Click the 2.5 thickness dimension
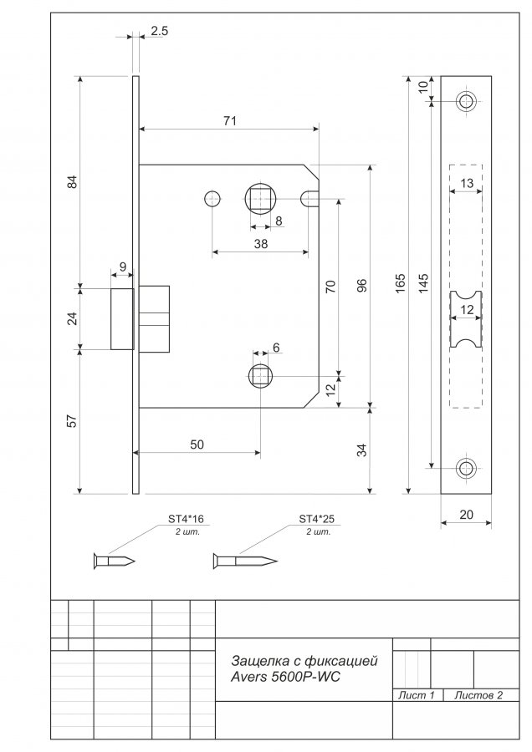[160, 31]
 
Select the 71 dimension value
[230, 121]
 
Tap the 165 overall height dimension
[401, 283]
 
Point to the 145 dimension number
[422, 283]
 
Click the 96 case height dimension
[362, 285]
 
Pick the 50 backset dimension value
[197, 445]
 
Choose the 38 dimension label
[261, 244]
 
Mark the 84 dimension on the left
[72, 182]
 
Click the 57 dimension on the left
[72, 421]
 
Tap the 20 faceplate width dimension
[466, 515]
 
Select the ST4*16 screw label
[186, 519]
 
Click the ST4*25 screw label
[317, 519]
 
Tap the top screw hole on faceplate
[465, 102]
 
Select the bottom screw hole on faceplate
[465, 468]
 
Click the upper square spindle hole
[260, 199]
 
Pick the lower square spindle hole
[260, 377]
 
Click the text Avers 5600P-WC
[286, 677]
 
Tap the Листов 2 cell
[478, 695]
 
